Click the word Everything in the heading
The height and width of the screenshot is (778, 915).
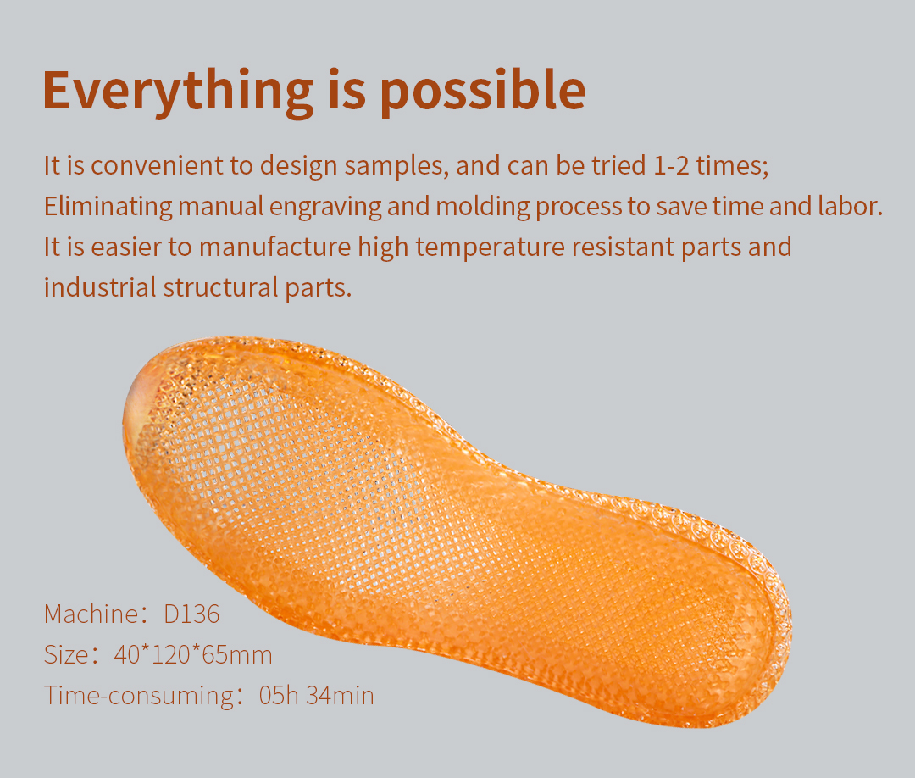[178, 91]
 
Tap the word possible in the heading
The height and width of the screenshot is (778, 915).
[483, 91]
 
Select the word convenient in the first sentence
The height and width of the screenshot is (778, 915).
[157, 166]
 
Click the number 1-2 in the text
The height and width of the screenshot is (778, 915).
[671, 166]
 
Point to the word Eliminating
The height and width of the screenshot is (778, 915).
[108, 207]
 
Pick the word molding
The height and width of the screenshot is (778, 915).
[483, 207]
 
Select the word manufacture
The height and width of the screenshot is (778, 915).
[275, 247]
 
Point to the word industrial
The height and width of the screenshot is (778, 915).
[100, 288]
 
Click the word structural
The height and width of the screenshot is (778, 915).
[221, 288]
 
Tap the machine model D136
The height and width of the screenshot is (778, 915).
[191, 614]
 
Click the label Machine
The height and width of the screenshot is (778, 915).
[91, 614]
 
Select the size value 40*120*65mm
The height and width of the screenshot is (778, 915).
[193, 655]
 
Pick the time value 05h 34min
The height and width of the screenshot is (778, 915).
[316, 696]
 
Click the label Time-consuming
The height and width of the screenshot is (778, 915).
[139, 697]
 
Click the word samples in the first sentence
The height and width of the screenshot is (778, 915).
[396, 167]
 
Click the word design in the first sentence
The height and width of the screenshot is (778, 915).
[299, 167]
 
